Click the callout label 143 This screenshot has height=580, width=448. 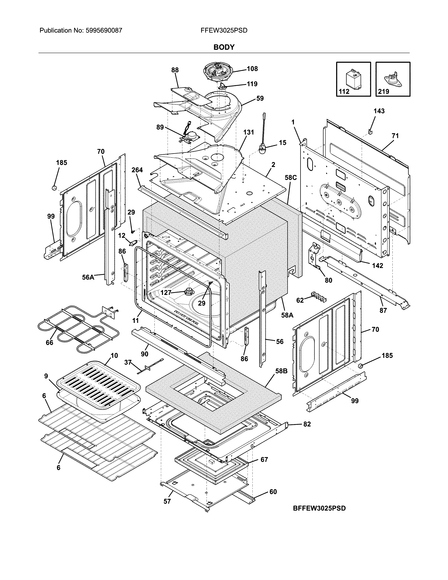tap(379, 111)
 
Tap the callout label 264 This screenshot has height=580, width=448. tap(137, 170)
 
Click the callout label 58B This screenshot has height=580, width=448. tap(281, 371)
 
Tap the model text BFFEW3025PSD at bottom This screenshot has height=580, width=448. tap(319, 508)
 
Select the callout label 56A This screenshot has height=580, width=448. tap(88, 277)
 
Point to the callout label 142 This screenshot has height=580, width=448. tap(377, 266)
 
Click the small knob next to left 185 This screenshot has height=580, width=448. tap(55, 188)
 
